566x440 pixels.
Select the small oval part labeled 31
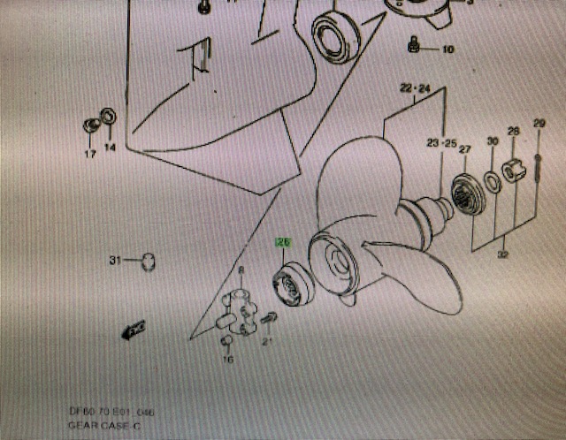click(147, 261)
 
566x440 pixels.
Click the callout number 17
click(89, 155)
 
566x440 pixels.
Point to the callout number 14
click(110, 148)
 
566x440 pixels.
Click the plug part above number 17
click(91, 124)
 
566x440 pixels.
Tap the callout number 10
click(447, 49)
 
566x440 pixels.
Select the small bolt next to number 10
click(413, 44)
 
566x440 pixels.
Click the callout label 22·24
click(414, 88)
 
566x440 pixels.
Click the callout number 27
click(464, 150)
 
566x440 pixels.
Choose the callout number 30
click(493, 141)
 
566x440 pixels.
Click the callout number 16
click(227, 360)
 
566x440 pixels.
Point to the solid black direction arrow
click(134, 330)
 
